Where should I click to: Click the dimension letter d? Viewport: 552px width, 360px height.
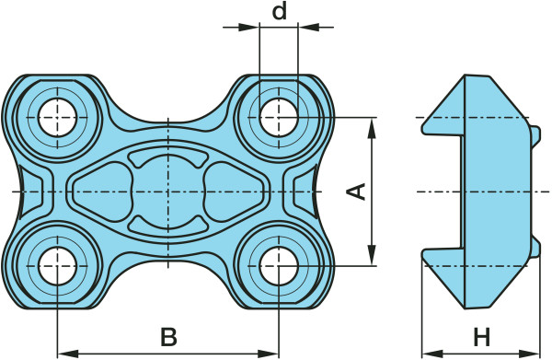[x=280, y=12]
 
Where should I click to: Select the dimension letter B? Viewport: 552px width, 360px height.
[x=168, y=337]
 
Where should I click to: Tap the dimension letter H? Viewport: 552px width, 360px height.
[x=481, y=337]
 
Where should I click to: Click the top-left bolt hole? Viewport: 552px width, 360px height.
[x=57, y=117]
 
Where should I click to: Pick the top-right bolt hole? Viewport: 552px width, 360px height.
[x=279, y=117]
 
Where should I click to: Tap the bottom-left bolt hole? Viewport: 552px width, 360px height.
[x=57, y=266]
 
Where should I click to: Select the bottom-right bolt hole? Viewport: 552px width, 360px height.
[x=279, y=266]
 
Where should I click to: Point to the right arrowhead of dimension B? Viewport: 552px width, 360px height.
[x=269, y=354]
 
